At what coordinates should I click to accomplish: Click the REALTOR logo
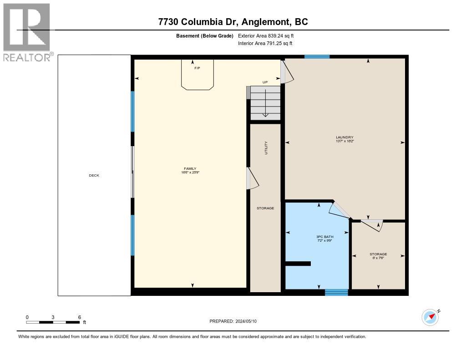(27, 32)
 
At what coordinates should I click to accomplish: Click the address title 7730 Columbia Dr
(233, 21)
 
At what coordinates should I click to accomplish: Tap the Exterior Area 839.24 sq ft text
(269, 35)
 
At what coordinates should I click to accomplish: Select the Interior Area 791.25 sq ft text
(265, 43)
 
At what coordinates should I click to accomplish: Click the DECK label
(94, 175)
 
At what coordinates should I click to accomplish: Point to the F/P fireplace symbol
(197, 75)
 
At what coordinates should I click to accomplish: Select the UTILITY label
(266, 147)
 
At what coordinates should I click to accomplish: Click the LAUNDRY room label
(344, 139)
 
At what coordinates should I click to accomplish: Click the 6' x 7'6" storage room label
(378, 256)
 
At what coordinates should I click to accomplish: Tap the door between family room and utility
(252, 178)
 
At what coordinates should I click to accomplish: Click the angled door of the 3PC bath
(340, 210)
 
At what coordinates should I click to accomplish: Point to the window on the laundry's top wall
(317, 56)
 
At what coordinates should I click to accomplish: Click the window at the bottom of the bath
(336, 293)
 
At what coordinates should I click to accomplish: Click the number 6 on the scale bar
(79, 317)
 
